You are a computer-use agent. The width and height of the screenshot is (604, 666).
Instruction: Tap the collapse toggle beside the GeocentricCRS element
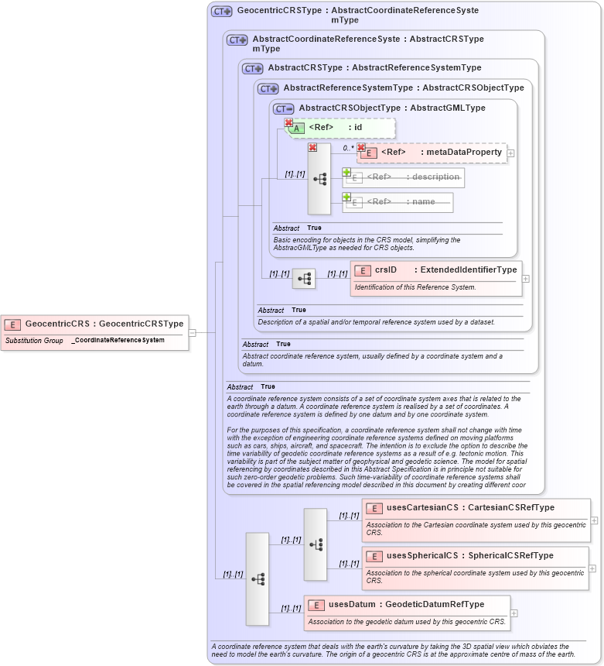(x=193, y=333)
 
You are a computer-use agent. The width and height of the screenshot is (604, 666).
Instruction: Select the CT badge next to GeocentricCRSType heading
(x=222, y=12)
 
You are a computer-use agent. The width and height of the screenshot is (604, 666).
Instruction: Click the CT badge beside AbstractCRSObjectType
(x=284, y=108)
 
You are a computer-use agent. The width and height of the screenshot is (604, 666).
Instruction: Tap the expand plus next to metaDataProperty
(x=510, y=153)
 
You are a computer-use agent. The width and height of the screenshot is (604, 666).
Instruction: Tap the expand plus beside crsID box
(x=526, y=279)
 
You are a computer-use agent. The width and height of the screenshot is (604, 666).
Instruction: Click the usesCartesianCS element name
(x=421, y=508)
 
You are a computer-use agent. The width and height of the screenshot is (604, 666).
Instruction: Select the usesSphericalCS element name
(x=422, y=555)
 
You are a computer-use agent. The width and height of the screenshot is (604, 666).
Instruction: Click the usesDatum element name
(x=352, y=604)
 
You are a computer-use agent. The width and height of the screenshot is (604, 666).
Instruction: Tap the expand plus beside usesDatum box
(x=514, y=613)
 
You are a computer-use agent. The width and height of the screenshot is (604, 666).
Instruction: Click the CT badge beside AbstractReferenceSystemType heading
(x=268, y=89)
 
